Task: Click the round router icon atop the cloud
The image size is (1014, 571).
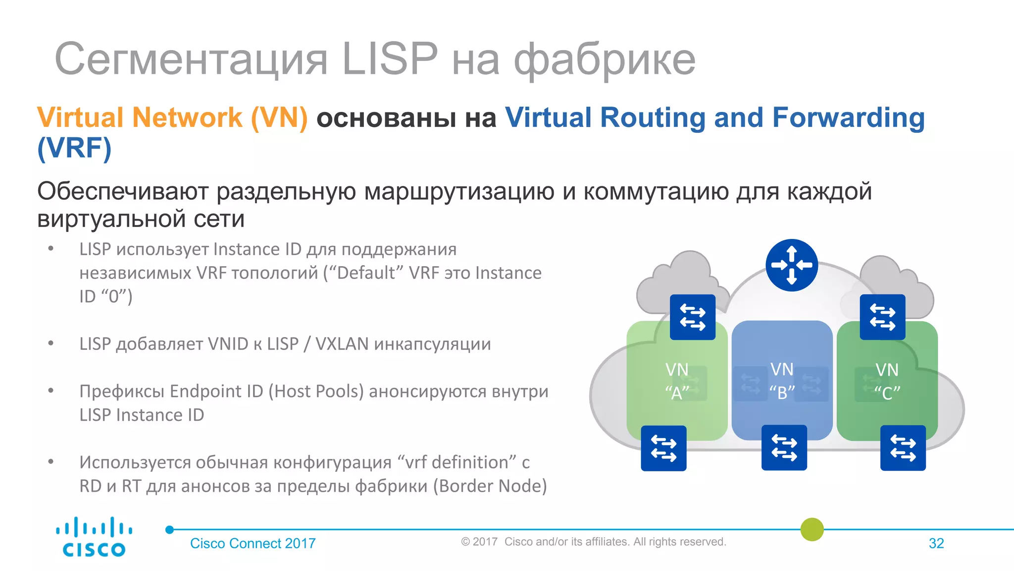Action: pos(791,265)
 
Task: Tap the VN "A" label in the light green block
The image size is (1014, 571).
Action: pos(677,381)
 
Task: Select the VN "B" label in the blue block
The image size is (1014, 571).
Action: pos(782,381)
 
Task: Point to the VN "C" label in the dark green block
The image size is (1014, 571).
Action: pos(887,381)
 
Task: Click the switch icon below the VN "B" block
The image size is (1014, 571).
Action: pos(784,448)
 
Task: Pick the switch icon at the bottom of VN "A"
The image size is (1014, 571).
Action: pos(663,448)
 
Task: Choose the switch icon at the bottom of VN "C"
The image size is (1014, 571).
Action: pos(903,448)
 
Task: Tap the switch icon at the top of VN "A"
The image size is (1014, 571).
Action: pos(692,317)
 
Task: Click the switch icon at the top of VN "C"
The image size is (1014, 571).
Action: pos(882,317)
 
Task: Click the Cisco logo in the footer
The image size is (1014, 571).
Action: pos(94,537)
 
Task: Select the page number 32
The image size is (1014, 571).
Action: pos(936,543)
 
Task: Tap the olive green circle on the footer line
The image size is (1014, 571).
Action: pos(812,529)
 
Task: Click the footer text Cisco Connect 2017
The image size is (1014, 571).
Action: pos(253,543)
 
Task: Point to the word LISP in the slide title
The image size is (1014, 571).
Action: pos(390,59)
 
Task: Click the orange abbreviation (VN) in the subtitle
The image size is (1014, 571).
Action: pos(279,118)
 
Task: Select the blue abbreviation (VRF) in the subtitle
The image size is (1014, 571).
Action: pos(74,148)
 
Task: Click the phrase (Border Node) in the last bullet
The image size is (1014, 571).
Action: pos(490,486)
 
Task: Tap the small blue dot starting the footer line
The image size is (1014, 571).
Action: pos(169,529)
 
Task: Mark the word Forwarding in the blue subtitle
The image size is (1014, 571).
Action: pos(848,118)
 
